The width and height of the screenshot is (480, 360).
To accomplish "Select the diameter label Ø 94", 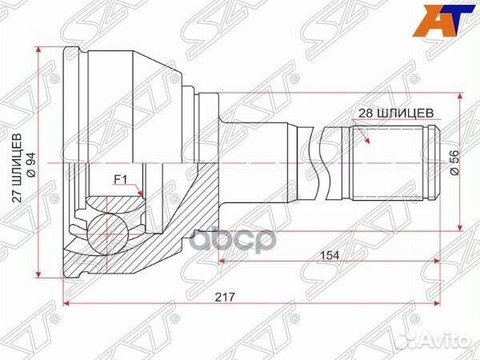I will click(x=30, y=165).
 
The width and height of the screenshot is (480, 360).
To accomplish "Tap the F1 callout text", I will click(x=123, y=179).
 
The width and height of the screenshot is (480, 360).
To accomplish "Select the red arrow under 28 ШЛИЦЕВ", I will click(x=367, y=137).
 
